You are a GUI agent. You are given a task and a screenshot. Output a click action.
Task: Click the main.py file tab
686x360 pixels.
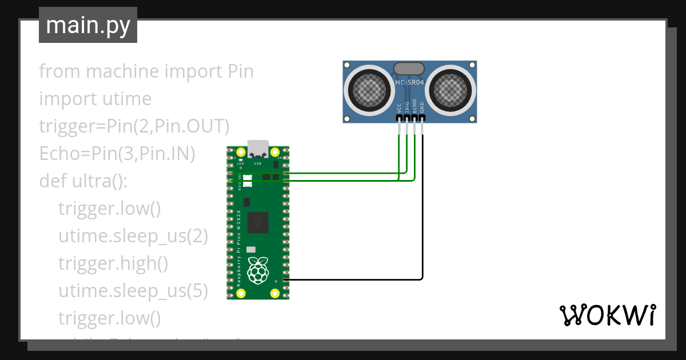(87, 25)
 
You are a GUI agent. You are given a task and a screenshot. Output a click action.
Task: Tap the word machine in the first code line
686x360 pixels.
(122, 71)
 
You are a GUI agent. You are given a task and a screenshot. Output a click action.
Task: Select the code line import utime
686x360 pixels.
(95, 99)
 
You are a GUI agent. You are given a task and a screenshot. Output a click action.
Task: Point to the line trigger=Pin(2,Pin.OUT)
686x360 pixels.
(134, 126)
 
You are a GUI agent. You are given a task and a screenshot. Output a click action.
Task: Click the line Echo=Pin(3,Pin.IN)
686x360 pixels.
(117, 154)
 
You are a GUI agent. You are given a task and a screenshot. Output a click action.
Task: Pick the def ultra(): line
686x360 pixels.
(83, 181)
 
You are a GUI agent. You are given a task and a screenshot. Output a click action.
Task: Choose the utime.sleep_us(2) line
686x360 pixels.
(133, 236)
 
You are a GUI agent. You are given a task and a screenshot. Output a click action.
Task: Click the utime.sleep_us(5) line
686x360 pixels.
(133, 291)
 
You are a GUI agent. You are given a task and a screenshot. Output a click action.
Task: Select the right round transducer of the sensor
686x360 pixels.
(452, 89)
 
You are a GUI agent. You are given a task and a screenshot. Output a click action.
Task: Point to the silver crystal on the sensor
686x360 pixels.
(409, 69)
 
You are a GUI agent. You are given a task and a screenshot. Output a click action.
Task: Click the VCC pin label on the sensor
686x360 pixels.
(399, 107)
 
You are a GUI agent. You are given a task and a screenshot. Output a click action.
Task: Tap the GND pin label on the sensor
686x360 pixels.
(422, 107)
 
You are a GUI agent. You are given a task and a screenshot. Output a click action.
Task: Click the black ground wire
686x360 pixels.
(422, 229)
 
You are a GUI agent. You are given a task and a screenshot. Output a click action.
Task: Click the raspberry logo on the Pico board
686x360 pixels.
(258, 270)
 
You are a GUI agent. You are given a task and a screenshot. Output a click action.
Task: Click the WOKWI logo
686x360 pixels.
(607, 315)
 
